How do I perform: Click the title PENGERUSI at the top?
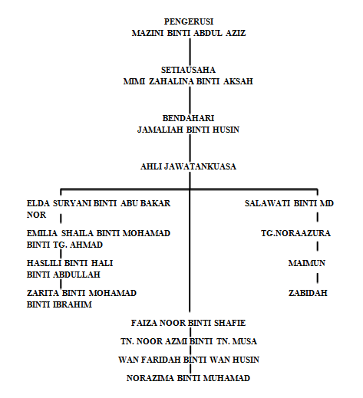[x=189, y=21]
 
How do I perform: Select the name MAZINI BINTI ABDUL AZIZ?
[x=189, y=33]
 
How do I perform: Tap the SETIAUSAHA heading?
[x=188, y=70]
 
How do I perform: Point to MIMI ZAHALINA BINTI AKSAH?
[x=188, y=81]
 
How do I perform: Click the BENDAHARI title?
[x=188, y=118]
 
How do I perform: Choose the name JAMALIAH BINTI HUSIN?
[x=188, y=130]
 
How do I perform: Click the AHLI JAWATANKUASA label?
[x=188, y=166]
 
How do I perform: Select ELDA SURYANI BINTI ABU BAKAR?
[x=98, y=203]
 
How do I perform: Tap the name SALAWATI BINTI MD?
[x=289, y=203]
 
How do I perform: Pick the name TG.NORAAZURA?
[x=295, y=233]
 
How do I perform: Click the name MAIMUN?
[x=307, y=263]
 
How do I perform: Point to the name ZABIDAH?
[x=308, y=293]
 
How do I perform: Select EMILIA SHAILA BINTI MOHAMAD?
[x=98, y=233]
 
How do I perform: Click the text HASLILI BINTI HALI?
[x=70, y=263]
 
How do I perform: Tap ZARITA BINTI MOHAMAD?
[x=81, y=293]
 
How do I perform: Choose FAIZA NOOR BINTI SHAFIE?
[x=188, y=323]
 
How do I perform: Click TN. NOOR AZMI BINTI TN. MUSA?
[x=189, y=341]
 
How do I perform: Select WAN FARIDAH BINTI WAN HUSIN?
[x=189, y=360]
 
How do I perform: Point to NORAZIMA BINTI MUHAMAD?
[x=188, y=378]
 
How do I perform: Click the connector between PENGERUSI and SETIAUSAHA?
[x=190, y=52]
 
